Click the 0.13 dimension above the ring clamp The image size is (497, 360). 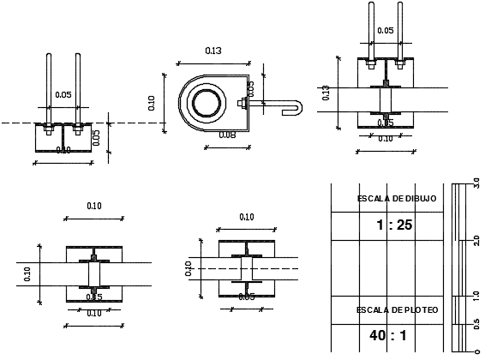point(213,51)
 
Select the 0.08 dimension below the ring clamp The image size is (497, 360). point(226,135)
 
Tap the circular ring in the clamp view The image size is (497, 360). point(206,104)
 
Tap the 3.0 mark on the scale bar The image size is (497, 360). point(476,183)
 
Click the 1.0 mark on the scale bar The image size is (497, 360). point(476,296)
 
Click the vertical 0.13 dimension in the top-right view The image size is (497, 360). point(326,93)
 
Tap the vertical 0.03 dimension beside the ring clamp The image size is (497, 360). point(251,88)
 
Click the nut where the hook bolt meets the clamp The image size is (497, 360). point(243,104)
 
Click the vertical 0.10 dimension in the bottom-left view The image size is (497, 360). point(27,274)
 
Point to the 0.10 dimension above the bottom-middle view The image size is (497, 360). point(246,217)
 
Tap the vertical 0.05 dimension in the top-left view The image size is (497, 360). point(97,137)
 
